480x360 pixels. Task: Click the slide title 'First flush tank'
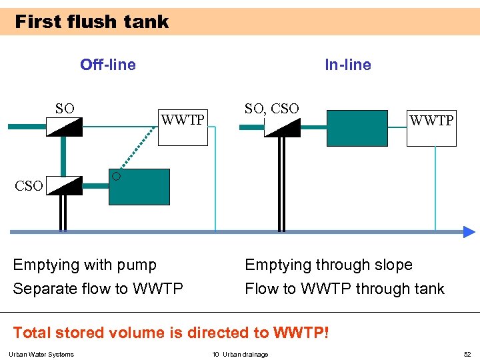pos(91,22)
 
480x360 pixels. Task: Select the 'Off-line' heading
pos(107,65)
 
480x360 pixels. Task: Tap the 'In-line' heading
pos(347,65)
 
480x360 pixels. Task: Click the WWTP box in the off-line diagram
pos(183,127)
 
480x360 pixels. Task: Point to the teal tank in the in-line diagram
pos(357,128)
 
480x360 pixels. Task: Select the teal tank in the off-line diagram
pos(139,187)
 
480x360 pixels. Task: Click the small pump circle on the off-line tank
pos(116,176)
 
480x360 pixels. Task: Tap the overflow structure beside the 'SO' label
pos(64,126)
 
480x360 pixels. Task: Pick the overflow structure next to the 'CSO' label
pos(64,186)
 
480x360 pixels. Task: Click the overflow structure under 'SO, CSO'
pos(282,127)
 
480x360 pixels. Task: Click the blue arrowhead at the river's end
pos(469,232)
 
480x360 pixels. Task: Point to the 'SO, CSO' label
pos(271,108)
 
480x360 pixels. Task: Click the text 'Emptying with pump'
pos(85,265)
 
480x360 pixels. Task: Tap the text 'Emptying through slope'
pos(329,265)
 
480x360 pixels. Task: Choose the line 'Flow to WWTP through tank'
pos(344,289)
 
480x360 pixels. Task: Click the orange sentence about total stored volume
pos(171,332)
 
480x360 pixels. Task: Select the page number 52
pos(467,354)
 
